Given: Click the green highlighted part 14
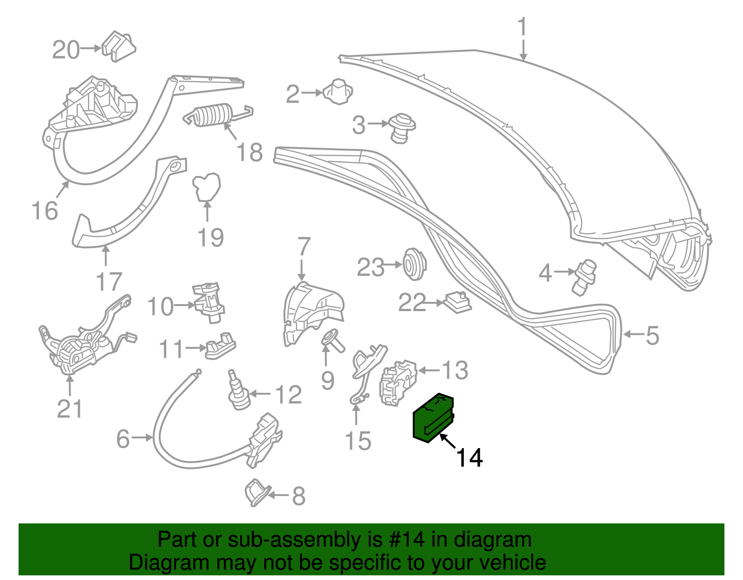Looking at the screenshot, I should pos(433,417).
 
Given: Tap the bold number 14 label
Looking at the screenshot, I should pos(469,458).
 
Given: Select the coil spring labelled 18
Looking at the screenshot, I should pos(213,115).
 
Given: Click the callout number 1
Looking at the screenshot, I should pos(523,27).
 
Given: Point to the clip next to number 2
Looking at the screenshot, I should pos(338,91).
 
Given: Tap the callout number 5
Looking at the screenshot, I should pos(652,335).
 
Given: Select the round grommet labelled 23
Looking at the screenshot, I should pos(413,264).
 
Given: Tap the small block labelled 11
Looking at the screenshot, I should pos(220,345).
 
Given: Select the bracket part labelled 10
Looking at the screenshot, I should pos(209,302).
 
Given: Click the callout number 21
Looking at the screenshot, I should pos(70,409).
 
